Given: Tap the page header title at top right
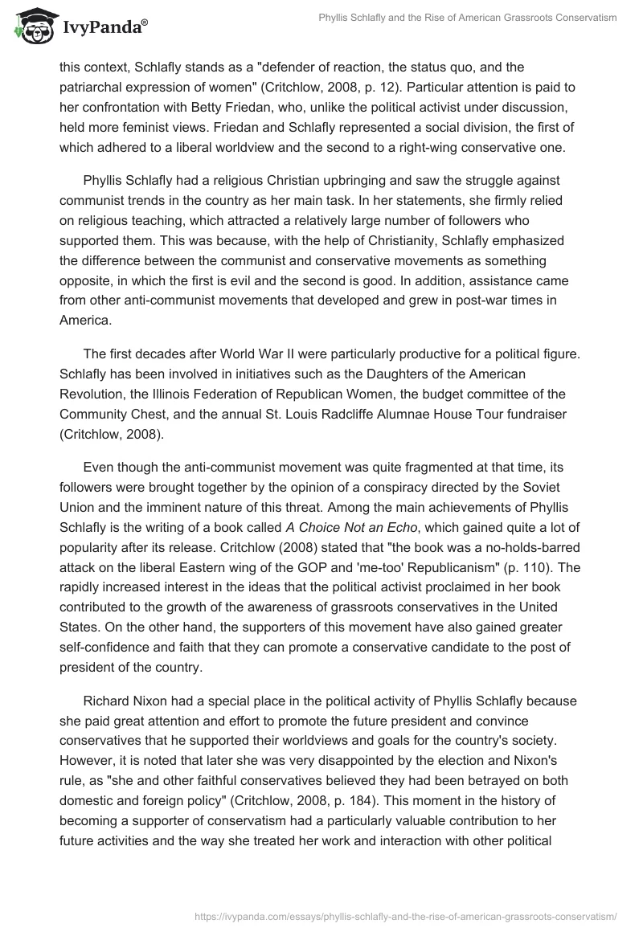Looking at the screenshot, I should [x=465, y=18].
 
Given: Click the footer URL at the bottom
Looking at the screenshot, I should [x=407, y=914].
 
